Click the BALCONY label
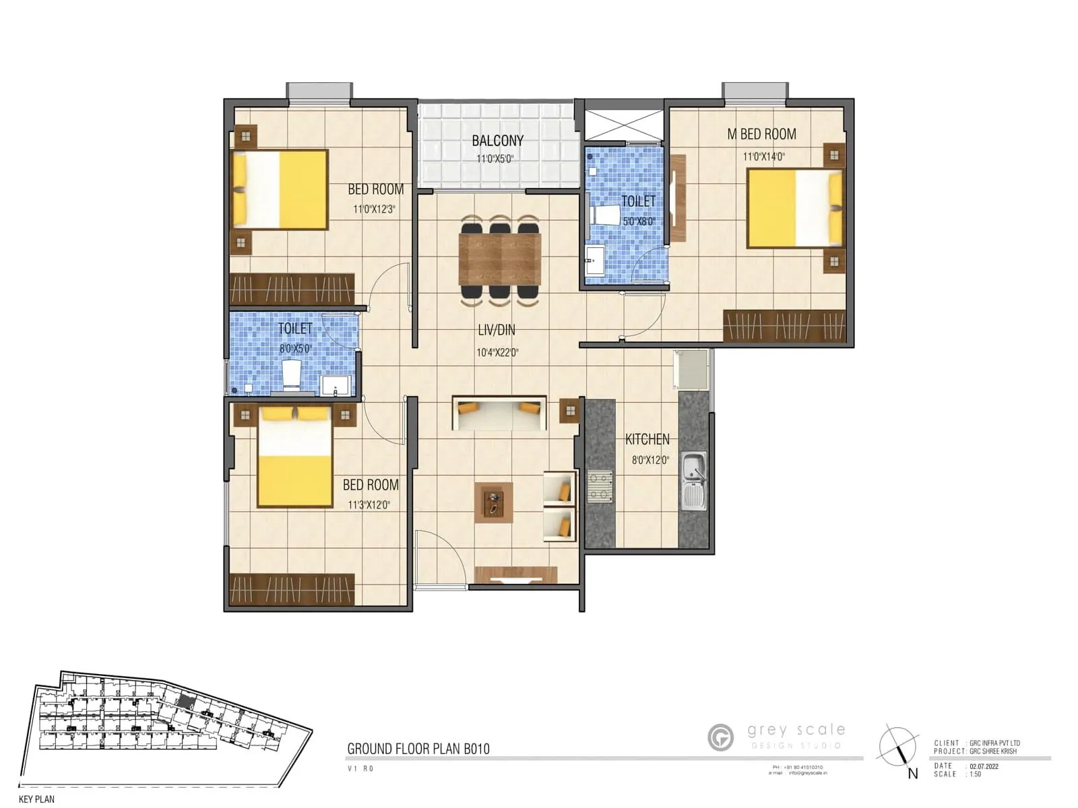pyautogui.click(x=497, y=141)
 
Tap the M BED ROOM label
pyautogui.click(x=761, y=134)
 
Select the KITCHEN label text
pyautogui.click(x=647, y=440)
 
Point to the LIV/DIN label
pyautogui.click(x=497, y=330)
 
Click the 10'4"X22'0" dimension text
pyautogui.click(x=497, y=352)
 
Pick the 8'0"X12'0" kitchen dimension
pyautogui.click(x=650, y=461)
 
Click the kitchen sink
pyautogui.click(x=693, y=479)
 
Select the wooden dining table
pyautogui.click(x=500, y=259)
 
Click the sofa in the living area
pyautogui.click(x=499, y=411)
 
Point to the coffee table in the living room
pyautogui.click(x=494, y=502)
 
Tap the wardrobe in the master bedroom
pyautogui.click(x=784, y=326)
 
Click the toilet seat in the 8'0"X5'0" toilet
pyautogui.click(x=291, y=375)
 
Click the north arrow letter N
pyautogui.click(x=913, y=774)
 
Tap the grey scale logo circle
pyautogui.click(x=721, y=737)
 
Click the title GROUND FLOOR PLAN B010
pyautogui.click(x=418, y=749)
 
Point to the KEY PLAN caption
pyautogui.click(x=37, y=799)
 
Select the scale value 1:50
pyautogui.click(x=975, y=774)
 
